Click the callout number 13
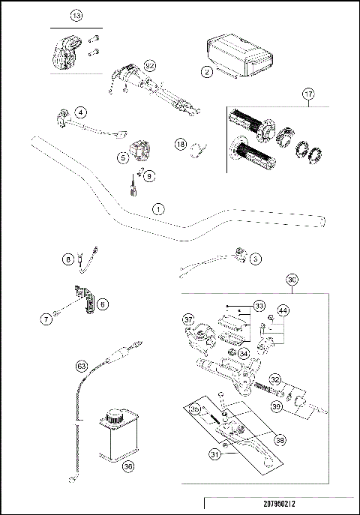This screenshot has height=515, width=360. click(76, 16)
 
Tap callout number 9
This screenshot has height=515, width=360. click(148, 176)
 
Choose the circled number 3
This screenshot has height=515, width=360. click(256, 259)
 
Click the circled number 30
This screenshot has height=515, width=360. click(292, 279)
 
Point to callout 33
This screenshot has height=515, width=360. click(259, 305)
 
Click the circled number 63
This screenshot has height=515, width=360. click(82, 367)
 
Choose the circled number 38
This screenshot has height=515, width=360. click(280, 440)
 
